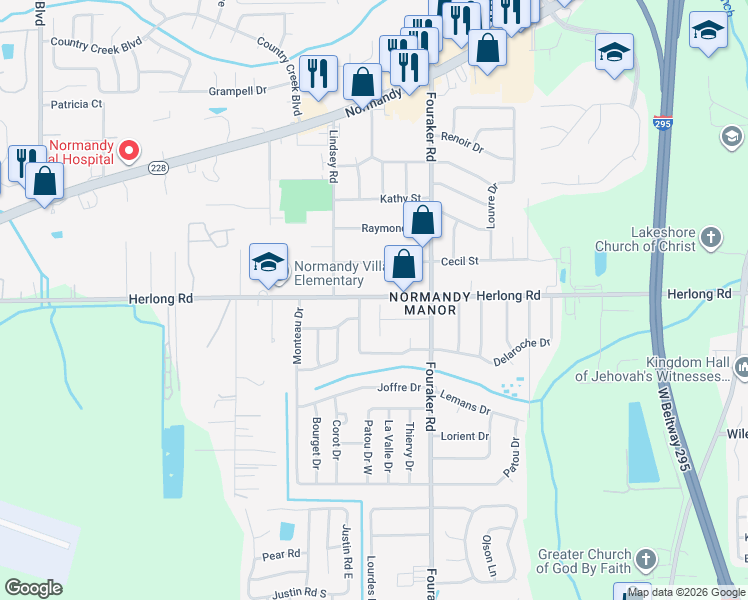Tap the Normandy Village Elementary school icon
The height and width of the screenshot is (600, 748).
(x=268, y=263)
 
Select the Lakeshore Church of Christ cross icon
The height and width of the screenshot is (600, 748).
(x=710, y=238)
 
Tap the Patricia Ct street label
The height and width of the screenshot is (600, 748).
(x=77, y=104)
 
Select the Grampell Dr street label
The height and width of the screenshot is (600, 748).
(x=237, y=91)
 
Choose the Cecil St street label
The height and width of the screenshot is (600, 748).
(x=461, y=261)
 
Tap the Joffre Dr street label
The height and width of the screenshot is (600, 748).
(x=396, y=388)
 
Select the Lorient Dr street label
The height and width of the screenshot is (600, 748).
(x=465, y=437)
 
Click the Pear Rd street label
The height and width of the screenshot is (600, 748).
(x=281, y=554)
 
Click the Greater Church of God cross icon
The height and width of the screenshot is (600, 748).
(x=646, y=559)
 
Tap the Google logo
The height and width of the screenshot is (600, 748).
(x=34, y=587)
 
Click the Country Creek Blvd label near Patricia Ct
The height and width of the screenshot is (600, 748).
(x=97, y=44)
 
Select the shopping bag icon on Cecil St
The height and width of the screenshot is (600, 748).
(x=403, y=266)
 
